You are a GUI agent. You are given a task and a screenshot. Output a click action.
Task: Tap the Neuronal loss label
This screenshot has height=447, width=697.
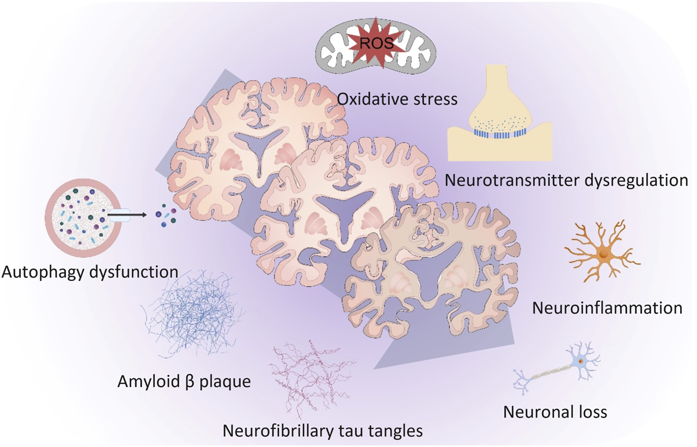pyautogui.click(x=555, y=411)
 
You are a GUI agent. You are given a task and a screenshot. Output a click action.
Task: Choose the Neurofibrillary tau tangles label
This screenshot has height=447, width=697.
pyautogui.click(x=323, y=431)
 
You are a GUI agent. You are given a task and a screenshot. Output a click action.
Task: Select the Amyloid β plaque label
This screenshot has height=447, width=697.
pyautogui.click(x=184, y=381)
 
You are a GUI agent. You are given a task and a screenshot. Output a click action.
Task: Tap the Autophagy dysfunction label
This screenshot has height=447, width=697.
pyautogui.click(x=90, y=271)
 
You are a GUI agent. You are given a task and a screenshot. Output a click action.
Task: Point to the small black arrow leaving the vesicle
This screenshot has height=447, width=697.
pyautogui.click(x=139, y=216)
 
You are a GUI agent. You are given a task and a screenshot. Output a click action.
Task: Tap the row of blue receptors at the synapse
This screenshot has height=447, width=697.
pyautogui.click(x=498, y=133)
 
